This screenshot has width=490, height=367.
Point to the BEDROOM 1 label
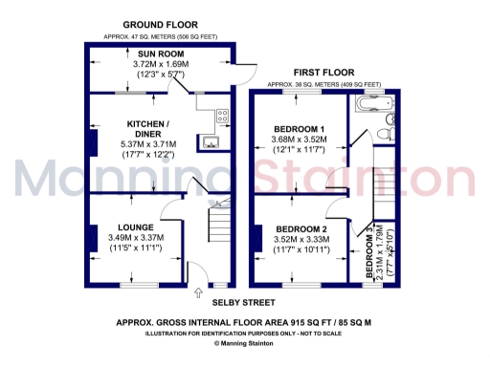pos(299,128)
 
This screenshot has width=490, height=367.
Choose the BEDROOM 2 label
pos(301,230)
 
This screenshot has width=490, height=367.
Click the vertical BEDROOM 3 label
pos(369,252)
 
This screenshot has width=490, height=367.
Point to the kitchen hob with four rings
pos(223,118)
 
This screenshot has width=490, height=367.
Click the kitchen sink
pos(210,143)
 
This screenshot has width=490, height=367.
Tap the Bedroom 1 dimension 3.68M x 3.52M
pos(299,140)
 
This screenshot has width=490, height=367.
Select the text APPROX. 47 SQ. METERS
pos(129,36)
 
